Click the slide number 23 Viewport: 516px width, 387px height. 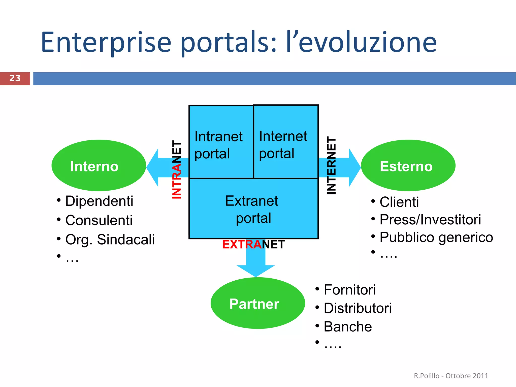point(15,78)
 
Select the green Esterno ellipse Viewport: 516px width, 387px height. point(408,166)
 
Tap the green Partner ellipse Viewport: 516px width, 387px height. point(257,303)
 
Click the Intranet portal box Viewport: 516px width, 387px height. point(221,142)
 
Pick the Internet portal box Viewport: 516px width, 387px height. point(285,142)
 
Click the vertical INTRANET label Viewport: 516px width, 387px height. point(177,169)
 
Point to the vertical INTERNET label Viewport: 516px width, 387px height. point(331,165)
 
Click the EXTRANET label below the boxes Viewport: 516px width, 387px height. point(253,245)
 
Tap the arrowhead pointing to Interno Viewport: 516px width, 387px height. point(153,168)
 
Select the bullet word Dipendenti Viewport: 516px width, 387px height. point(99,201)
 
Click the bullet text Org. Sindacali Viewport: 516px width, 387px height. point(110,239)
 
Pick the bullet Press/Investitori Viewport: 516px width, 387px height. point(430,220)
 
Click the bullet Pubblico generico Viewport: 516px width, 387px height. point(436,237)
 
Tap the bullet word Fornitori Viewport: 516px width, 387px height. point(349,289)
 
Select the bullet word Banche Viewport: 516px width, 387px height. point(348,327)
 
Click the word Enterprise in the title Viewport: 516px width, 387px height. point(106,42)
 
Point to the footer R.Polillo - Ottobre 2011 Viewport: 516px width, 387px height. point(451,376)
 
